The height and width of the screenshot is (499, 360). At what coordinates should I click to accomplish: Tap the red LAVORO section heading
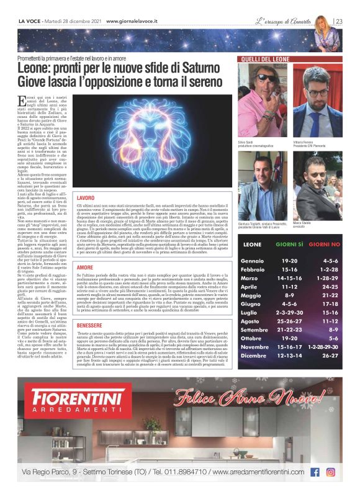coord(86,197)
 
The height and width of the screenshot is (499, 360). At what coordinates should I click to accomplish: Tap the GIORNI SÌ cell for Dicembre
coord(289,356)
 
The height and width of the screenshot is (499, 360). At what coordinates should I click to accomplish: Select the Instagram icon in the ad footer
coord(331,472)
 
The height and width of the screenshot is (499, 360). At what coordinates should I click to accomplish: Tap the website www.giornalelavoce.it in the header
coord(132,21)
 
